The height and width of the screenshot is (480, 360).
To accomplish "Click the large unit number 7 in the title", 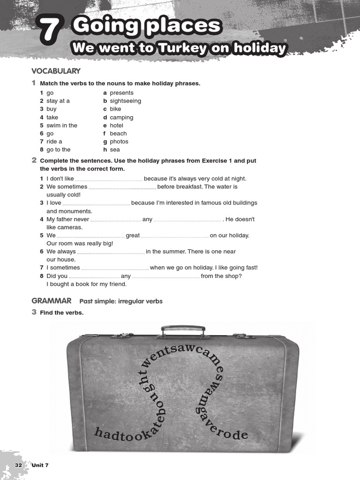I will point(51,32).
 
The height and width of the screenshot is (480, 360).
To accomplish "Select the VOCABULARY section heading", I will point(56,71).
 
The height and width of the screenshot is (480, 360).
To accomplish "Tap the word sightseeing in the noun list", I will point(125,101).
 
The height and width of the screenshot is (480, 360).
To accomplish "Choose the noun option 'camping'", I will point(121,117).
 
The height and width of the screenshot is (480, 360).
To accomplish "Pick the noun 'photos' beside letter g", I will point(119,142).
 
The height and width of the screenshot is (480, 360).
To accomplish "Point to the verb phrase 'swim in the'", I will point(62,125).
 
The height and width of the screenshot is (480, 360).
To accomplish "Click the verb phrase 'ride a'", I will point(54,142).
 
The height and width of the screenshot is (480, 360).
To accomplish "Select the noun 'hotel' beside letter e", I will point(117,125).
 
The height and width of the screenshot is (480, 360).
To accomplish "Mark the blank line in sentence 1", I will point(109,179).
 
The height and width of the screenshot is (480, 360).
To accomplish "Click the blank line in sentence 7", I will point(115,268).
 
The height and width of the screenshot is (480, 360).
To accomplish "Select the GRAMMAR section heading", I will point(52,300).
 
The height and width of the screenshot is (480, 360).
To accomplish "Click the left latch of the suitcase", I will point(122,335).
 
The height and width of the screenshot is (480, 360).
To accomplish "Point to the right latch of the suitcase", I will point(244,336).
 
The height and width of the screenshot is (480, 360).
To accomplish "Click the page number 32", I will point(19,465).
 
